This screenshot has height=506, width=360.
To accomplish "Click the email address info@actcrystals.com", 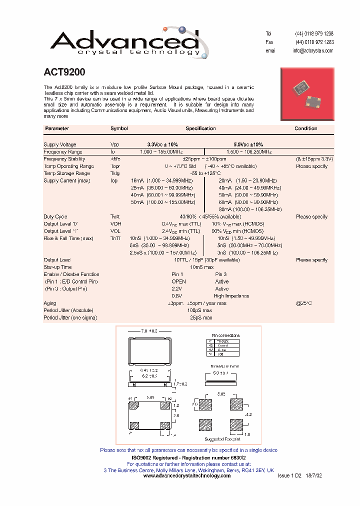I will coord(312,51).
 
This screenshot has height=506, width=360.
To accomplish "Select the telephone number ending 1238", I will coord(314,33).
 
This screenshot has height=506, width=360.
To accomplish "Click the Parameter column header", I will coord(57,128).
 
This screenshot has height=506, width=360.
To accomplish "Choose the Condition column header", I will coord(305,128).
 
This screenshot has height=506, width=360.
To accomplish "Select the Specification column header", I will coord(200,128).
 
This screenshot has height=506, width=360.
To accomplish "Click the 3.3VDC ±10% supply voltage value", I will coord(162,144).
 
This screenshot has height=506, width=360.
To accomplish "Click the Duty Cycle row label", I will coord(55,217).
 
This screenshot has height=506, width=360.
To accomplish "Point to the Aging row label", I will coord(50,303).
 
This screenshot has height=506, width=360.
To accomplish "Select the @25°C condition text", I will coord(304,303).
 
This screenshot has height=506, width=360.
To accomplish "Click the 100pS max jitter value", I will coord(201,310).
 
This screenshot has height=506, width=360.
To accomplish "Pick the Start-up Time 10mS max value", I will coord(201,267).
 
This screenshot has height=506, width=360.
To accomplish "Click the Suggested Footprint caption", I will coord(222,439).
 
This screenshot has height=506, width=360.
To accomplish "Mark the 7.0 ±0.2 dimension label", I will coord(149,331).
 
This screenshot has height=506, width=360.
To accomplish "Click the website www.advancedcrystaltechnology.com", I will coord(187,476).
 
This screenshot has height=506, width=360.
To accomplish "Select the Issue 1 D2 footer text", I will coord(289,476).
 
